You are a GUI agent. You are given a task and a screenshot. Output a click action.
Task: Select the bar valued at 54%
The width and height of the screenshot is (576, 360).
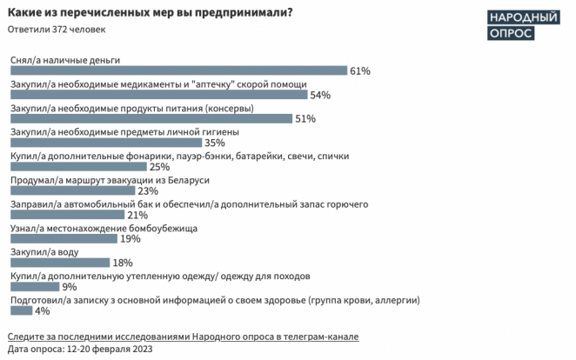click(x=157, y=95)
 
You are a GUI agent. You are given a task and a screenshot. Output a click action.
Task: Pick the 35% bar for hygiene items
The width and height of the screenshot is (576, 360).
click(x=104, y=143)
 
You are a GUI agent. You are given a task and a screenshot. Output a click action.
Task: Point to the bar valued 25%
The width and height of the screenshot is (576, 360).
click(x=77, y=167)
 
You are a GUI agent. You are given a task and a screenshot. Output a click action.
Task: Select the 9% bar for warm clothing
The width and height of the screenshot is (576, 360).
click(x=33, y=286)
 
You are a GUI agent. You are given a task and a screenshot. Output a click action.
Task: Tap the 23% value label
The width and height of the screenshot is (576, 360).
click(x=147, y=191)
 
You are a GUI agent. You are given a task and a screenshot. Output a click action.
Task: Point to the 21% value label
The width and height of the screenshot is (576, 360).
click(x=137, y=215)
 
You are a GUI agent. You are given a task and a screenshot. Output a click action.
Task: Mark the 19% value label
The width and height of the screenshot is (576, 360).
click(x=130, y=238)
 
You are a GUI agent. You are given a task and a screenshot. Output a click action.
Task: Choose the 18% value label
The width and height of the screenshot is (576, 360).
click(x=122, y=263)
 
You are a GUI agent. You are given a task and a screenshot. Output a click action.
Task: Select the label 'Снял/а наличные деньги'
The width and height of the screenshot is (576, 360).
click(x=64, y=60)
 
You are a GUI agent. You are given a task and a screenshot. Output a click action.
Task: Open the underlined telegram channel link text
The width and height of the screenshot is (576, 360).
click(x=182, y=336)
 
